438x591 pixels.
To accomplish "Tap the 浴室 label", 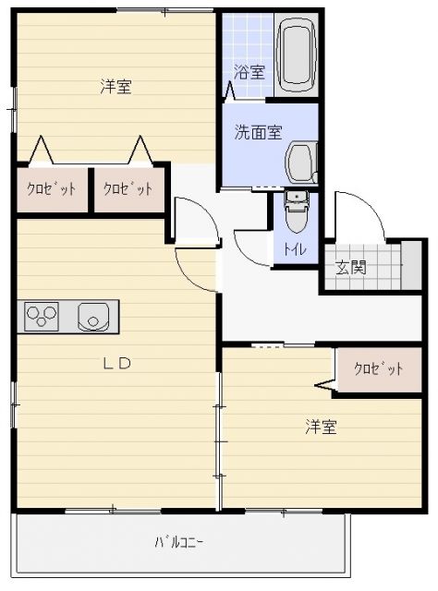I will (x=249, y=71).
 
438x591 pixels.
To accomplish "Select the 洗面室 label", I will (x=258, y=131).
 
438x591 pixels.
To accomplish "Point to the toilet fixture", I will (x=296, y=213).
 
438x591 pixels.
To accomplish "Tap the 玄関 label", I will (x=350, y=268).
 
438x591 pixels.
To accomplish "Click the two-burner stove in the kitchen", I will (x=43, y=317).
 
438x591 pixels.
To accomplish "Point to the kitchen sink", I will (x=93, y=317).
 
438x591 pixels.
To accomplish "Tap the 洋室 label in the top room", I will (x=116, y=87).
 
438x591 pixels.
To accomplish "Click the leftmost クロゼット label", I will (x=50, y=188).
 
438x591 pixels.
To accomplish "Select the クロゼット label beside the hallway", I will (x=128, y=188).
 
